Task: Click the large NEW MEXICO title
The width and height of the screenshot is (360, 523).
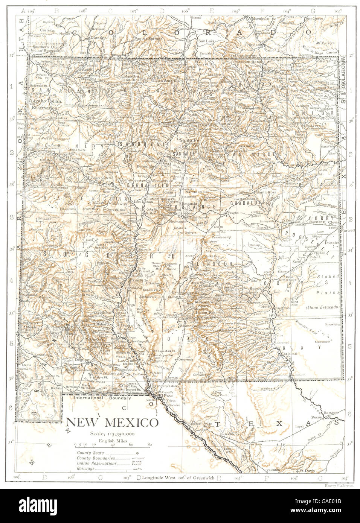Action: (x=112, y=422)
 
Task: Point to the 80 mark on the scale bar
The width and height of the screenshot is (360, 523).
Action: (x=149, y=444)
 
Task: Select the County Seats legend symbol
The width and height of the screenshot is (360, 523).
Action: (x=137, y=453)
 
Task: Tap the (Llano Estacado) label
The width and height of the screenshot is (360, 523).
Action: (x=323, y=307)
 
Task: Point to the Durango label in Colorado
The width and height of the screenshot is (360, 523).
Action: (x=92, y=38)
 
